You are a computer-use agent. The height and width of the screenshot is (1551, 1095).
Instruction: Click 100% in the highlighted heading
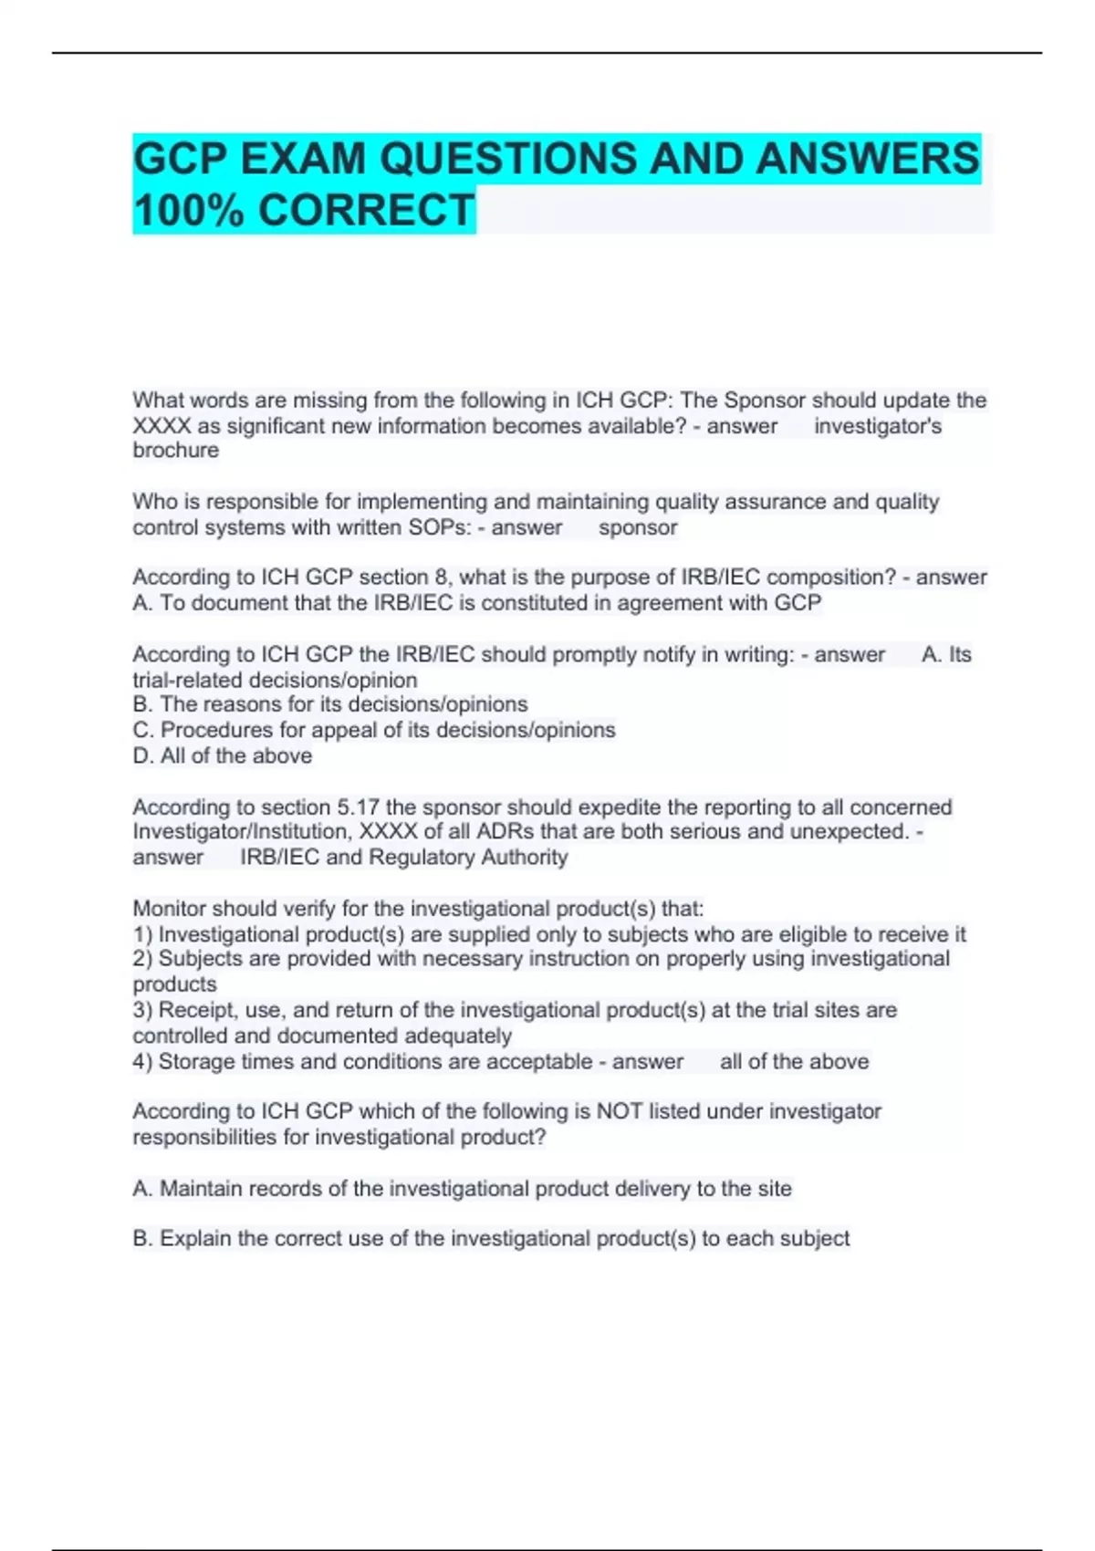189,211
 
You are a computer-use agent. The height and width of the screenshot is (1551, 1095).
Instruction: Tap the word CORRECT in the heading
366,211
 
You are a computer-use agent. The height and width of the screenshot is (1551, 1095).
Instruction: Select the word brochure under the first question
175,451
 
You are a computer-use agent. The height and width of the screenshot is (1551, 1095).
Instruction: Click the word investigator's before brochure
877,426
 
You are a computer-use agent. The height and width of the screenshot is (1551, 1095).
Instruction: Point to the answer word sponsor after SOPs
638,527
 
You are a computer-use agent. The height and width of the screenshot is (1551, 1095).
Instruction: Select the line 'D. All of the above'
222,755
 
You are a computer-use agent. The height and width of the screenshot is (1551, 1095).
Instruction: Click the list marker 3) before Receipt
143,1010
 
